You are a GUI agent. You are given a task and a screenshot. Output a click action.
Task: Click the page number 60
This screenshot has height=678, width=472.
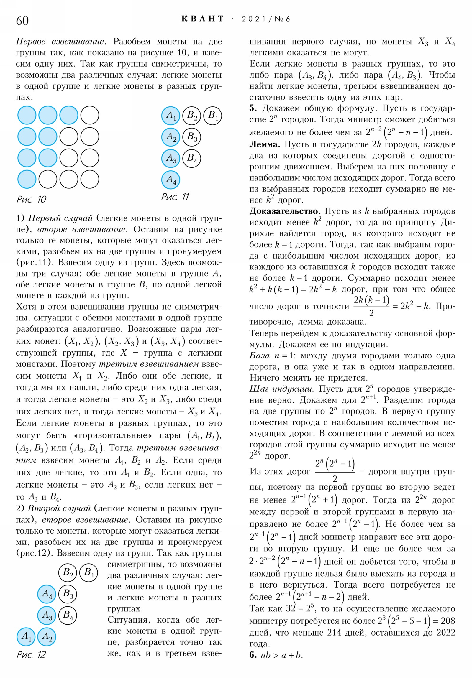pyautogui.click(x=22, y=20)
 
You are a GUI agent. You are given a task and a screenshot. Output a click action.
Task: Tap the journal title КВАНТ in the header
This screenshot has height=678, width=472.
pyautogui.click(x=202, y=19)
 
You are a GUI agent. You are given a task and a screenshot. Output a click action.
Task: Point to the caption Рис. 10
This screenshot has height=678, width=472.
pyautogui.click(x=31, y=199)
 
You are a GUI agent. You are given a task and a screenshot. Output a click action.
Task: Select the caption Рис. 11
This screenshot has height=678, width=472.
pyautogui.click(x=175, y=197)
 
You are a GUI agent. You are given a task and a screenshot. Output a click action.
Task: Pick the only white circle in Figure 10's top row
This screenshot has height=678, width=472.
pyautogui.click(x=90, y=115)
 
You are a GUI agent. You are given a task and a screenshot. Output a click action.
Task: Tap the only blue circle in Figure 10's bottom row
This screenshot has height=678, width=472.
pyautogui.click(x=27, y=179)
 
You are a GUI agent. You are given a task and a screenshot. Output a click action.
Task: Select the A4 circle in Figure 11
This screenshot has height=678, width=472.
pyautogui.click(x=171, y=180)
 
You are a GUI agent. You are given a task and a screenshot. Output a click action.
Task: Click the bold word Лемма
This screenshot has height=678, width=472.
pyautogui.click(x=265, y=145)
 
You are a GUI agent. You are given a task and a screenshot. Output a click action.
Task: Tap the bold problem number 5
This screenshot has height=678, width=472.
pyautogui.click(x=253, y=108)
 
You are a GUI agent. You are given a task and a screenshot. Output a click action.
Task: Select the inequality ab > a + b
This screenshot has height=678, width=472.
pyautogui.click(x=282, y=655)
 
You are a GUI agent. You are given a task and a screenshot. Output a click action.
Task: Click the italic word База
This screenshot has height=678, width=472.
pyautogui.click(x=260, y=356)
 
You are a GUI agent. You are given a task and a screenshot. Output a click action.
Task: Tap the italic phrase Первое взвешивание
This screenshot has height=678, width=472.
pyautogui.click(x=60, y=42)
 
